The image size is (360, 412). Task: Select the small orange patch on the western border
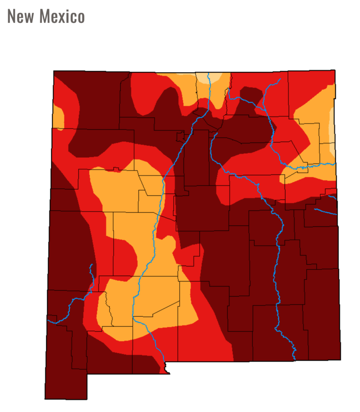58,117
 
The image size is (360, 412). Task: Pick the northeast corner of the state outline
335,70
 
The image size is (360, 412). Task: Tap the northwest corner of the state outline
54,71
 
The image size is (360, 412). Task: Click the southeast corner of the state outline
341,359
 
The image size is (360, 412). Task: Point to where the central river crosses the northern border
209,73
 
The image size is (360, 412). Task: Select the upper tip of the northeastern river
280,79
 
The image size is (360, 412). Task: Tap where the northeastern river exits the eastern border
335,164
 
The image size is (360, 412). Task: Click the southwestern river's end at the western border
48,321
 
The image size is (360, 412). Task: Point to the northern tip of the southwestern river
92,265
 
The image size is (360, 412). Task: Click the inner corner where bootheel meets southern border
88,374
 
